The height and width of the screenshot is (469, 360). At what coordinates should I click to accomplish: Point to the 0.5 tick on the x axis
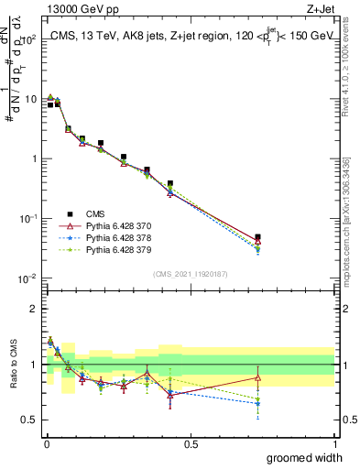click(190, 444)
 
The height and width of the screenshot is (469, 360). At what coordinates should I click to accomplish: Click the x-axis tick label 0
click(46, 444)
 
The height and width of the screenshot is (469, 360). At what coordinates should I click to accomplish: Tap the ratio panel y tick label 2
click(33, 309)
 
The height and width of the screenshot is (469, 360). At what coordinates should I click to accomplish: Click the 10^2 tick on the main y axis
click(27, 39)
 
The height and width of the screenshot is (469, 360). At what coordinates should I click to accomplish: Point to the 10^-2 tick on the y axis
click(27, 278)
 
